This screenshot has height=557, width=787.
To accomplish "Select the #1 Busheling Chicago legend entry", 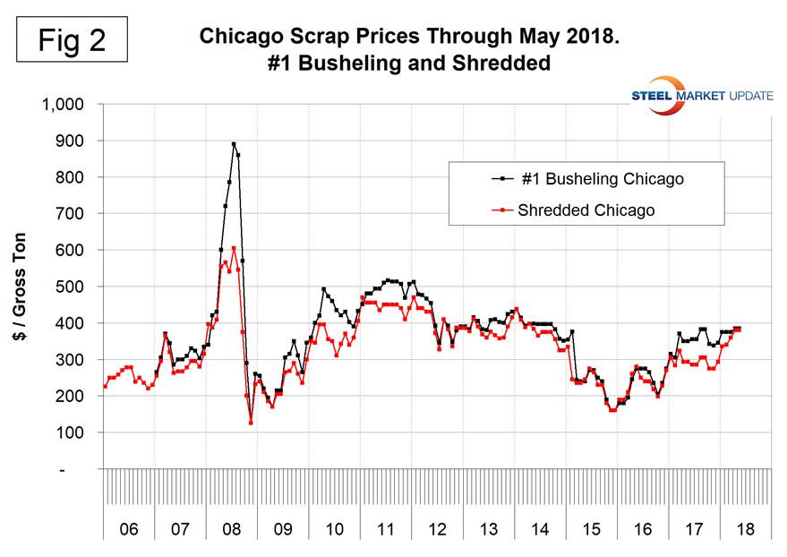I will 586,179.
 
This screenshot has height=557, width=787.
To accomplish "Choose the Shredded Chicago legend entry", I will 586,210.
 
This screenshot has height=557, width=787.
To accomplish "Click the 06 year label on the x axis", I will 129,529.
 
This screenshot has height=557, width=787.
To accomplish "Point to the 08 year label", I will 232,529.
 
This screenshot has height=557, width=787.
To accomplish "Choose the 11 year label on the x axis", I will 386,529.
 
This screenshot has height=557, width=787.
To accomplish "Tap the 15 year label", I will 591,529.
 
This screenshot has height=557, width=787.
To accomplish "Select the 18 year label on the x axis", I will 745,529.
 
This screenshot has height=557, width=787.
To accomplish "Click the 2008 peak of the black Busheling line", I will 234,143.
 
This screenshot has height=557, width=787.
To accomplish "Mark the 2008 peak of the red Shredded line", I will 234,248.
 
